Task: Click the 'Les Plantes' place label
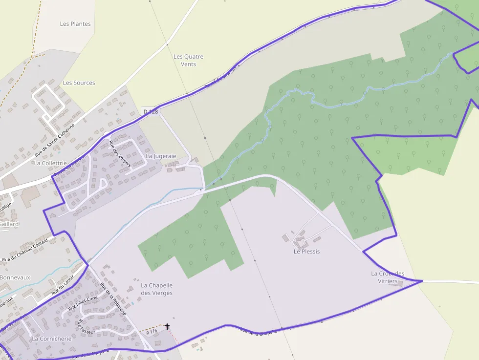coord(75,23)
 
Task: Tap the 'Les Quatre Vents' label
coord(188,60)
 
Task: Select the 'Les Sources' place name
coord(79,83)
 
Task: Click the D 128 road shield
coord(151,112)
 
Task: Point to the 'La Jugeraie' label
coord(161,156)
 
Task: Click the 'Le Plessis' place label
coord(306,251)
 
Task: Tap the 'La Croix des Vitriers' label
coord(388,277)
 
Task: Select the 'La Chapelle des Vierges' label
coord(156,289)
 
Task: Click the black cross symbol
coord(167,326)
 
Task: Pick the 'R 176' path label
coord(151,331)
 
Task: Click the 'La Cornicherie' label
coord(51,338)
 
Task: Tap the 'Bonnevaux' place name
coord(15,277)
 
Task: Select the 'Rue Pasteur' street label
coord(87,327)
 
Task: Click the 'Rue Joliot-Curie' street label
coord(83,303)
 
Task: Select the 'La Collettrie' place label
coord(50,163)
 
